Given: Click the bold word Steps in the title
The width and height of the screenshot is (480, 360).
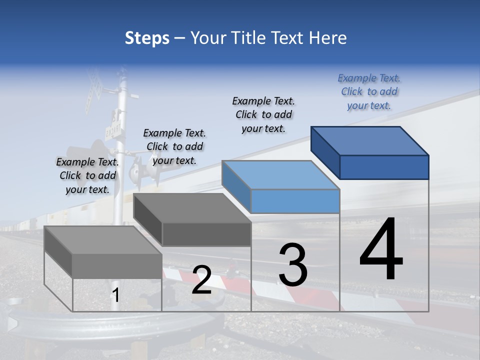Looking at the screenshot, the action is pos(147,38).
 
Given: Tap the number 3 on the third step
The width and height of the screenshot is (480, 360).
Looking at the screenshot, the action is pos(293,264).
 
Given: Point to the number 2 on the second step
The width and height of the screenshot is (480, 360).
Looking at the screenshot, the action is pos(201,279).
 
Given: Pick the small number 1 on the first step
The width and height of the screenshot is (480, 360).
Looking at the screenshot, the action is pos(116,295).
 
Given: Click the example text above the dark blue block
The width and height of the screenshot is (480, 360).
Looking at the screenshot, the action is pos(369,91).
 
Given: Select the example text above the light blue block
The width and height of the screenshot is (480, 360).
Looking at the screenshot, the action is pos(263,114).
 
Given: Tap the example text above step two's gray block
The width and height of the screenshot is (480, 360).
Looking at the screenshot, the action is pos(174,146).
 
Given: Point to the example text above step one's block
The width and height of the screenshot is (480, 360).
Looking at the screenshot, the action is pos(87,175).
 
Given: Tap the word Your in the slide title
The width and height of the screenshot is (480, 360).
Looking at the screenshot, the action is pos(208,38).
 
